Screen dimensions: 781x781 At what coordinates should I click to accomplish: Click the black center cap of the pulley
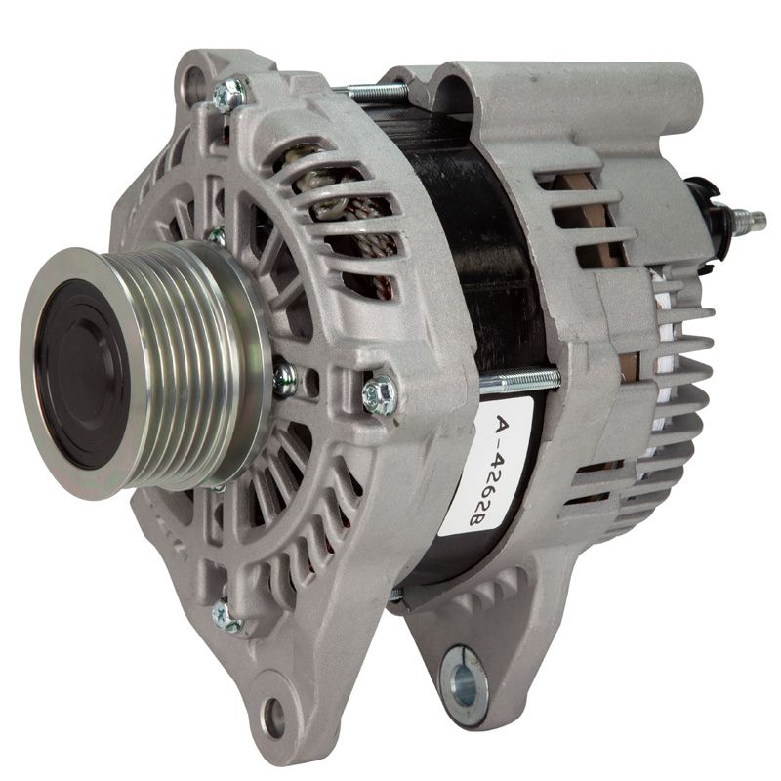point(82,374)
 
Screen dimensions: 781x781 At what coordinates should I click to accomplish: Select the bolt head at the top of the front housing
point(229,95)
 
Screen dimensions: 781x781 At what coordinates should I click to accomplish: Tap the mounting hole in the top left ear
point(193,83)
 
